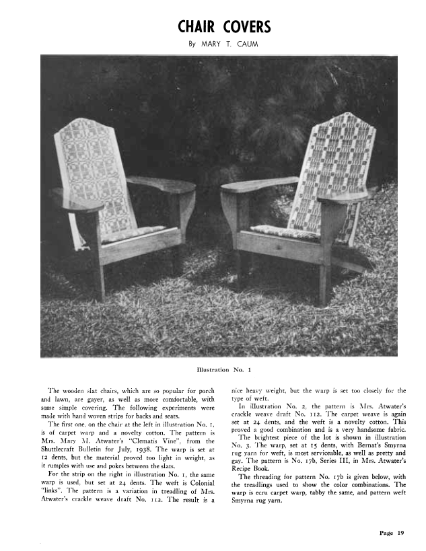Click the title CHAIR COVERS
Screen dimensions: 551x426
224,27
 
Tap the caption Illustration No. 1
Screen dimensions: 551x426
223,369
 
